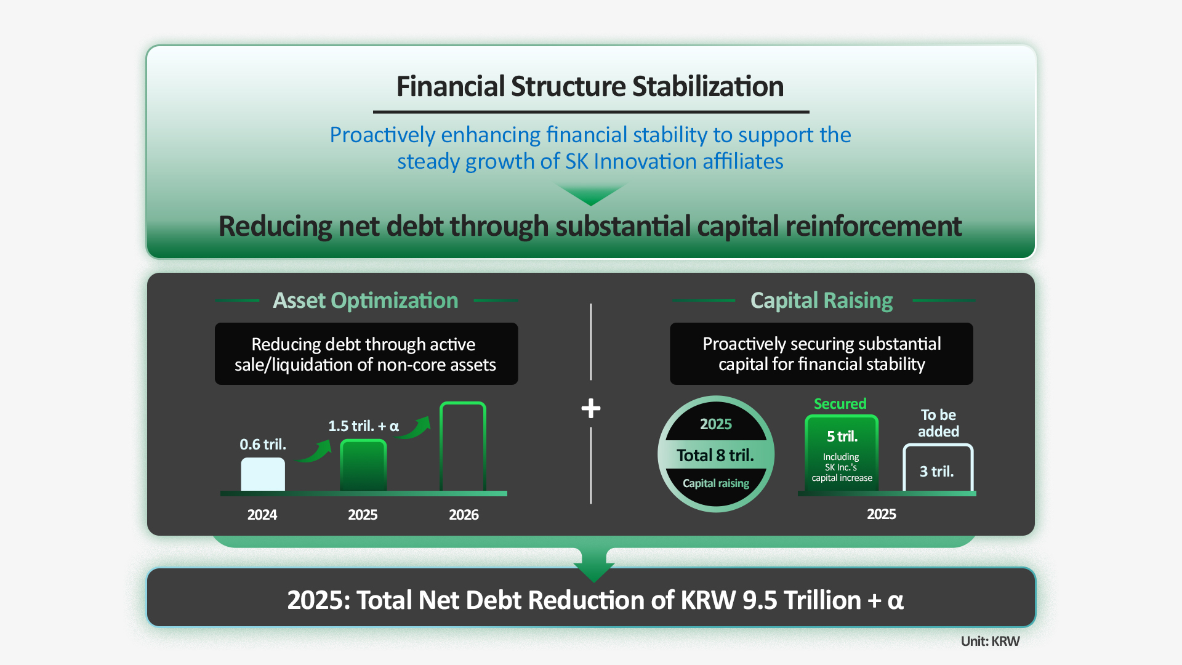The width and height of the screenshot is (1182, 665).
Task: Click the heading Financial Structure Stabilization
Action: pos(590,86)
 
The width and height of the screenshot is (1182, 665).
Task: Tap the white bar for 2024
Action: pos(263,474)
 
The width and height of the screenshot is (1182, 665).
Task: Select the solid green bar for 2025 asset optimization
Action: pos(363,465)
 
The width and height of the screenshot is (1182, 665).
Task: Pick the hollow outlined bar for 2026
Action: pos(463,446)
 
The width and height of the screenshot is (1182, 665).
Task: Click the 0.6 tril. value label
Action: pos(263,444)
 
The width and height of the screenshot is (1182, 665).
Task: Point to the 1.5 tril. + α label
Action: pos(363,425)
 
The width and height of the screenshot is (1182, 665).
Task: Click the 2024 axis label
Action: pos(262,515)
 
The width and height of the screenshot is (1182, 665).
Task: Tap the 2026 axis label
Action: pos(464,515)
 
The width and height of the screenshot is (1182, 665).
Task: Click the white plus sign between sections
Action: pos(591,408)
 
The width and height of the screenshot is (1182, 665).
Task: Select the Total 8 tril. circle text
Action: pos(715,455)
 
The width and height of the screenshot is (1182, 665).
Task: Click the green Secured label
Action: pos(840,404)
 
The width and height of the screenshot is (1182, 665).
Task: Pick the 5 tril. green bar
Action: pos(842,454)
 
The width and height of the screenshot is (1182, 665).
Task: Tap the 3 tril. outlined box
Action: pos(938,468)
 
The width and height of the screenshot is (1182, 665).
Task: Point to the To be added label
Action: pos(938,423)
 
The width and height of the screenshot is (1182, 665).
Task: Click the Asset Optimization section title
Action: pos(366,300)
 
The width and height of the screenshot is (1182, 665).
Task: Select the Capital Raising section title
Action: pos(822,300)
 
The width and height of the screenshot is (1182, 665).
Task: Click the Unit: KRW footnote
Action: pos(990,641)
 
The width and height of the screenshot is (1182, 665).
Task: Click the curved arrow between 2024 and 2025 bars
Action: pos(314,452)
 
